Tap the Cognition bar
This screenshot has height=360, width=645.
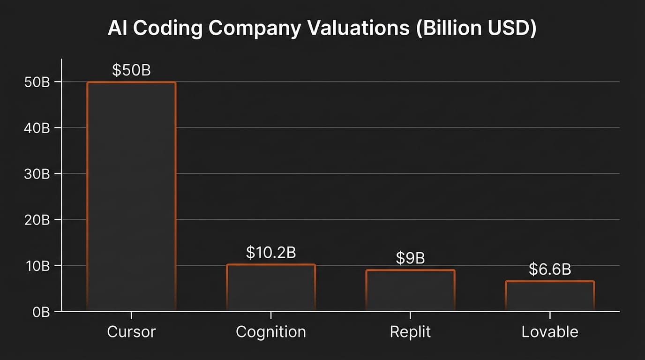pos(270,287)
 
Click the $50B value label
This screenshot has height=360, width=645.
pos(131,70)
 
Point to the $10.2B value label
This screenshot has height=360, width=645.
pos(270,253)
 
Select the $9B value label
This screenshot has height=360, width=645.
pos(410,258)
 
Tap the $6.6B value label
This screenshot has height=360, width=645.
pos(549,270)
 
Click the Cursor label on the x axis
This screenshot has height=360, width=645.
pos(131,332)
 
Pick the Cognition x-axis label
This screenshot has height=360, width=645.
pos(270,332)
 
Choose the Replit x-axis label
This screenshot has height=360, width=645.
pos(410,332)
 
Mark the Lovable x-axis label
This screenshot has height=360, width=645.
pos(549,332)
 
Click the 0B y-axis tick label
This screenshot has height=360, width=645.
pos(41,312)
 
